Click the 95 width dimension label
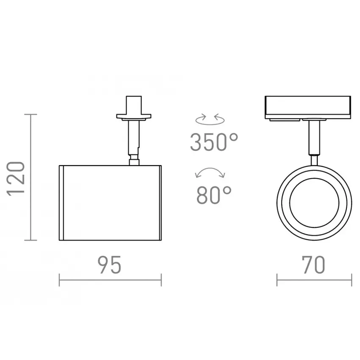point(110,265)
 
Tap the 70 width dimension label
point(313,265)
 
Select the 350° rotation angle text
point(214,142)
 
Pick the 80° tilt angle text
point(214,195)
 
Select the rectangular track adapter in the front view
point(308,108)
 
